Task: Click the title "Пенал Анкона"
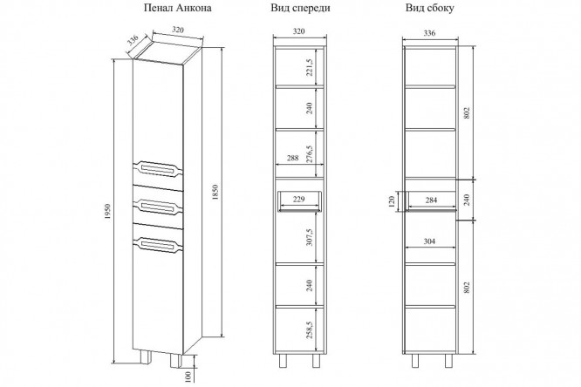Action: [177, 8]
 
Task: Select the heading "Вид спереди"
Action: [300, 8]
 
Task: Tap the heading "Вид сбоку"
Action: [430, 8]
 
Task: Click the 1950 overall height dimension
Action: [107, 212]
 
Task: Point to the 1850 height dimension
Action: [216, 193]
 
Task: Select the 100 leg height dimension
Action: [188, 377]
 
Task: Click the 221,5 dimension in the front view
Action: [310, 67]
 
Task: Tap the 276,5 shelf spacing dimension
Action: [310, 153]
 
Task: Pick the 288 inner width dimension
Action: [293, 158]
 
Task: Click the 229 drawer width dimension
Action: [298, 200]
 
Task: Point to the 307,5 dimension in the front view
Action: [310, 237]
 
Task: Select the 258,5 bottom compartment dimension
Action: [310, 329]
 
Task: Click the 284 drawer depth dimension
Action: [431, 200]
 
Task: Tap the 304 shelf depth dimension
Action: [429, 241]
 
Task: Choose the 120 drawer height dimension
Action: [392, 202]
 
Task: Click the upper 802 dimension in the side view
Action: [467, 113]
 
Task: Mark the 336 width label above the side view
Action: [429, 33]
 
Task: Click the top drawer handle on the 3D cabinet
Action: [158, 169]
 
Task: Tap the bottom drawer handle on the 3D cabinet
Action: [158, 245]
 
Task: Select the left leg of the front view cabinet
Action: [283, 361]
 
